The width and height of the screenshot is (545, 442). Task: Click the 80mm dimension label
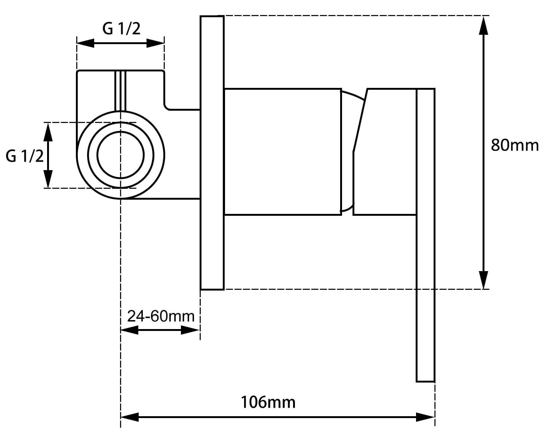point(515,145)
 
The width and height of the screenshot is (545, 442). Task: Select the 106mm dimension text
point(268,402)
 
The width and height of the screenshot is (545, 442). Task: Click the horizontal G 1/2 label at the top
point(121,29)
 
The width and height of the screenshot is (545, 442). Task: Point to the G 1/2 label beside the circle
point(25,156)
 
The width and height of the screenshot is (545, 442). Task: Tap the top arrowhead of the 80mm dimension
point(483,25)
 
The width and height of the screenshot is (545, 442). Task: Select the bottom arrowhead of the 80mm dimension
point(483,280)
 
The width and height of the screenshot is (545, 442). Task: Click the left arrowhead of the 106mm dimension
point(129,417)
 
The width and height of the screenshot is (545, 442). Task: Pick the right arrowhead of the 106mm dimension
point(425,417)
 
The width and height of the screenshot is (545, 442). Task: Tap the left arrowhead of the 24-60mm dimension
point(129,330)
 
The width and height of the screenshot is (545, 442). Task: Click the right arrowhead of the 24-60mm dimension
point(190,330)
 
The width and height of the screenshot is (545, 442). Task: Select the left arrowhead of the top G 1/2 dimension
point(86,43)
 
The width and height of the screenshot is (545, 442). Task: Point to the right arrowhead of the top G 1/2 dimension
point(155,43)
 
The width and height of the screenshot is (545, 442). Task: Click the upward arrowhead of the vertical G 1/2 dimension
point(48,132)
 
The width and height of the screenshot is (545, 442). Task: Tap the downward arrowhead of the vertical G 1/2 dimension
point(48,179)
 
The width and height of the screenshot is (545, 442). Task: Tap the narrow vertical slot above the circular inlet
point(120,91)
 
